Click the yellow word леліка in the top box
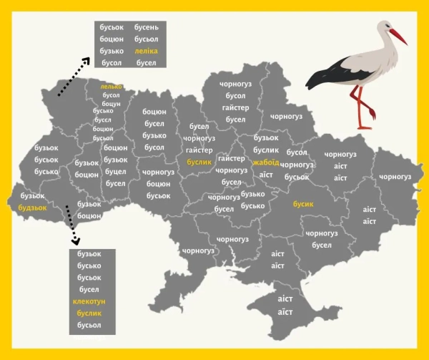(x=146, y=51)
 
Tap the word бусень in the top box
(x=146, y=26)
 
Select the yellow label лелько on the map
(x=111, y=87)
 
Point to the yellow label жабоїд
(x=266, y=162)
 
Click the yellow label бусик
(x=303, y=204)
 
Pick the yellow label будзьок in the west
(x=32, y=208)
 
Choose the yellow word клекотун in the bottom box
(x=89, y=301)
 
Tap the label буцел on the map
(x=115, y=172)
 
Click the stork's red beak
(x=398, y=37)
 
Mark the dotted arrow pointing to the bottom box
(x=71, y=225)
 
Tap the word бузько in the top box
(x=112, y=51)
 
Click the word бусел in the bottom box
(x=89, y=289)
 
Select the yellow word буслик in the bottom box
(x=89, y=313)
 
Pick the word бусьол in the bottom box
(x=89, y=326)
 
